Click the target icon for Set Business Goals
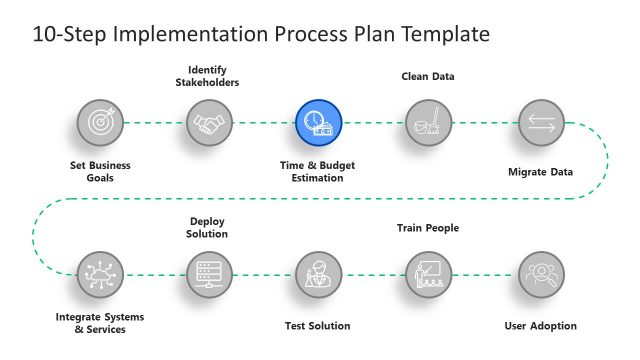(100, 123)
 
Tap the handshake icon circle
(209, 123)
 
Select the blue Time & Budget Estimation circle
(319, 123)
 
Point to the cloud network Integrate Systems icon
(100, 272)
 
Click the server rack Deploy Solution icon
(209, 272)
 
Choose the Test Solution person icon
(319, 272)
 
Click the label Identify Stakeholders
(213, 75)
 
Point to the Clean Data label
(428, 76)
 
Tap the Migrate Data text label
(540, 172)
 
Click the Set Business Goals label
(100, 171)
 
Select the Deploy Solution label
(209, 227)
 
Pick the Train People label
(428, 228)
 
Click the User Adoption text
(541, 326)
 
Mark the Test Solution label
(318, 326)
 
